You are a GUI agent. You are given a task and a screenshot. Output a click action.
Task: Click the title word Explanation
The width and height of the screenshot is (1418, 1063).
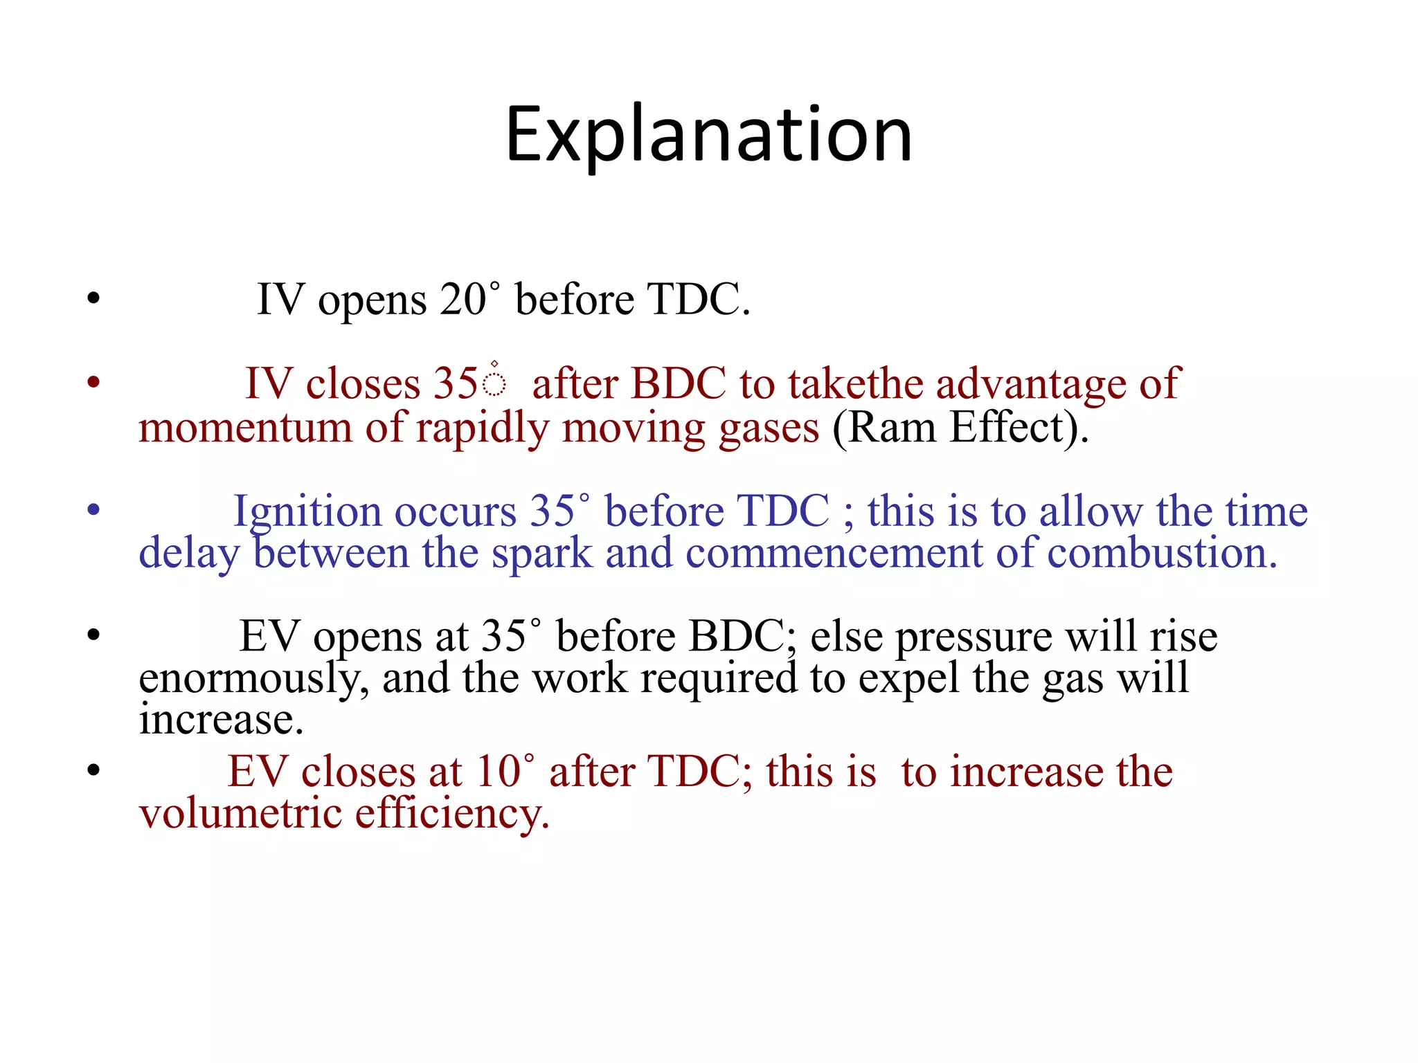[708, 135]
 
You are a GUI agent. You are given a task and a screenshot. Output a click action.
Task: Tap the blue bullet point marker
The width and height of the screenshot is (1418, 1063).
[94, 511]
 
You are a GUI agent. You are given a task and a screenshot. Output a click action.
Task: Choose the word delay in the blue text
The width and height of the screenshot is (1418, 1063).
[188, 554]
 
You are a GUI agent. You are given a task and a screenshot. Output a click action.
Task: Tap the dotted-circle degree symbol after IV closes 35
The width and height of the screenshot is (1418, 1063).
[494, 381]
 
